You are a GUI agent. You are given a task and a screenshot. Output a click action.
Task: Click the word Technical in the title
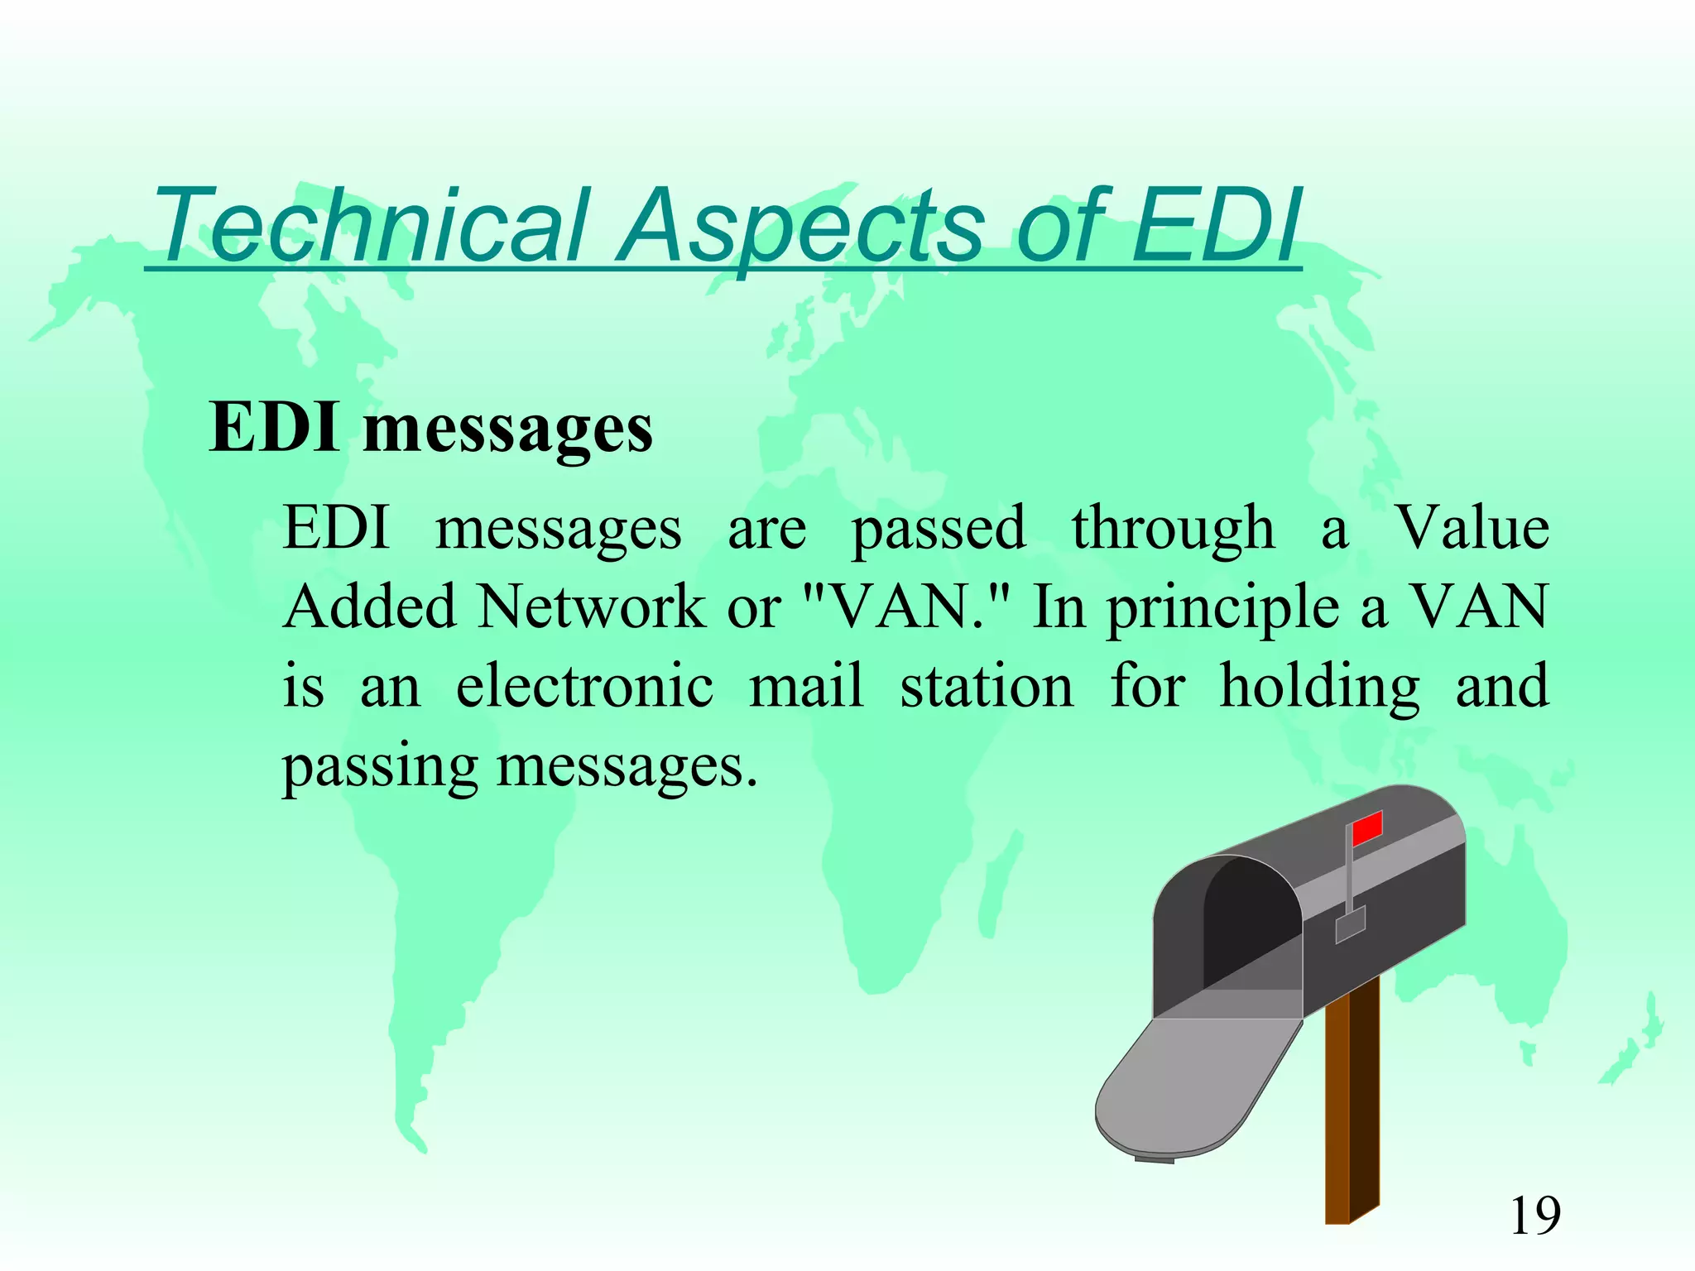tap(372, 225)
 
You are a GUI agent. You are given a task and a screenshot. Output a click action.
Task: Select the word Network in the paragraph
tap(591, 607)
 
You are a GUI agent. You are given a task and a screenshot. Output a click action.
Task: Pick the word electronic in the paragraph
tap(584, 687)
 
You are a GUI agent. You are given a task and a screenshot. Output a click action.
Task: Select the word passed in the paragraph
tap(939, 530)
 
